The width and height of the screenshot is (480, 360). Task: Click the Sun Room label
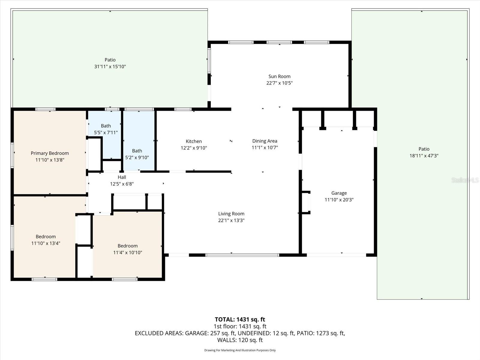click(x=279, y=76)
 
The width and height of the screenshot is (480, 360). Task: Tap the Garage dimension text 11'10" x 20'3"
click(x=339, y=200)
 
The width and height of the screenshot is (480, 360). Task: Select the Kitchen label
click(x=193, y=141)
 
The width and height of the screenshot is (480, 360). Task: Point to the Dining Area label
click(x=265, y=141)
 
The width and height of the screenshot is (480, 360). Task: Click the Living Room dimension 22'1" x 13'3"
click(x=231, y=220)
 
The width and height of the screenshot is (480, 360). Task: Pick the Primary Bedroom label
click(x=50, y=153)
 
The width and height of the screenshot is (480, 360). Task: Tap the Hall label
click(x=122, y=177)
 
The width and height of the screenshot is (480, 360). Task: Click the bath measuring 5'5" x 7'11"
click(x=106, y=129)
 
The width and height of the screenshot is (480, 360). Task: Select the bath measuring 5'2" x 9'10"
click(x=137, y=154)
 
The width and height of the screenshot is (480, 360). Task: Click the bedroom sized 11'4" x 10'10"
click(x=127, y=249)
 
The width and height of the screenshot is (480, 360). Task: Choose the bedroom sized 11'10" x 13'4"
click(x=46, y=240)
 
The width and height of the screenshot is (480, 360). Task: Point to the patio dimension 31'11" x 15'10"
click(x=110, y=67)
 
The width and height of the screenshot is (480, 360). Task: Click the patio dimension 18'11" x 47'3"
click(x=424, y=156)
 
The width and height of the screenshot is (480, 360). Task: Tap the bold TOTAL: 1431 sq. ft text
click(x=240, y=319)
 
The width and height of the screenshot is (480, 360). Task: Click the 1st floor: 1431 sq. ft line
click(x=240, y=326)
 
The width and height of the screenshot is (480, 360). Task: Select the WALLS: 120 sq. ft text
click(x=240, y=340)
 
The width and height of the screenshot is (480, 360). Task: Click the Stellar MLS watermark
click(x=465, y=180)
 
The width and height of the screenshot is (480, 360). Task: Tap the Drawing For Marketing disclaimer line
click(x=240, y=350)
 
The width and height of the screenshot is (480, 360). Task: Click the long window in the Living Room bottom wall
click(x=242, y=255)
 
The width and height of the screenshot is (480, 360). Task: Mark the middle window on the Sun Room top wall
click(x=279, y=42)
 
